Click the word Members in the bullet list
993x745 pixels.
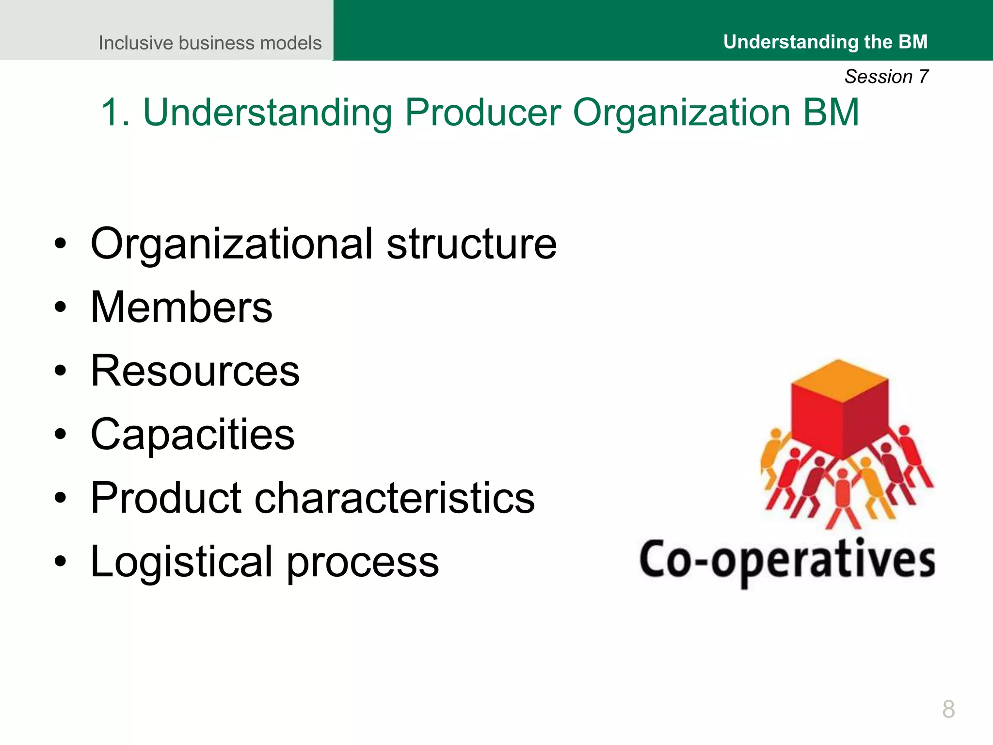(181, 307)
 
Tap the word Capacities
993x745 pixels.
(192, 434)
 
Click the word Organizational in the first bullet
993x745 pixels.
(232, 244)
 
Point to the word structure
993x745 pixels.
(471, 244)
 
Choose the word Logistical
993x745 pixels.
(181, 561)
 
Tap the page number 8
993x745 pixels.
(948, 709)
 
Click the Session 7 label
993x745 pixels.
(886, 77)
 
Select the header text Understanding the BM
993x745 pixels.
(825, 42)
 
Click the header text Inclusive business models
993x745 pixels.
(210, 43)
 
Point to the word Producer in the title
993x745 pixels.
(483, 113)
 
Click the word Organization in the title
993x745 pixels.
(682, 113)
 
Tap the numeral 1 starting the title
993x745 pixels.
(111, 113)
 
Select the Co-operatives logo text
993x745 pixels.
(787, 560)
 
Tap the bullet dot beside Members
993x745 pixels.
(60, 307)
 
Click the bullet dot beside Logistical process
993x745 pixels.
(60, 561)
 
